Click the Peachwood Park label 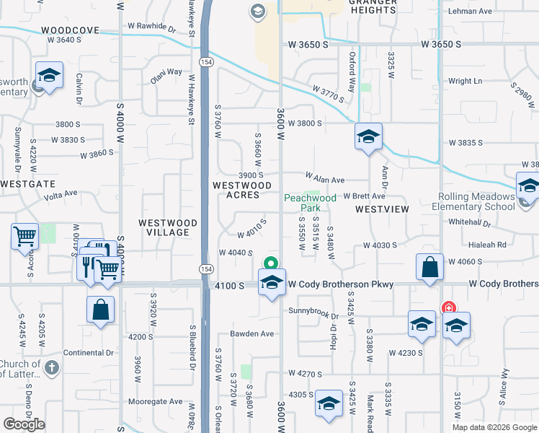click(310, 203)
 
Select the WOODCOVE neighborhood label click(70, 30)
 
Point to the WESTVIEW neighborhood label click(382, 209)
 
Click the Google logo click(24, 424)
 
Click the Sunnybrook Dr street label click(313, 310)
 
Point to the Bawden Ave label click(252, 333)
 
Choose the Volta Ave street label click(61, 193)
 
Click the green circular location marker click(271, 263)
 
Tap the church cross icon click(50, 368)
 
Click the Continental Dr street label click(89, 353)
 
